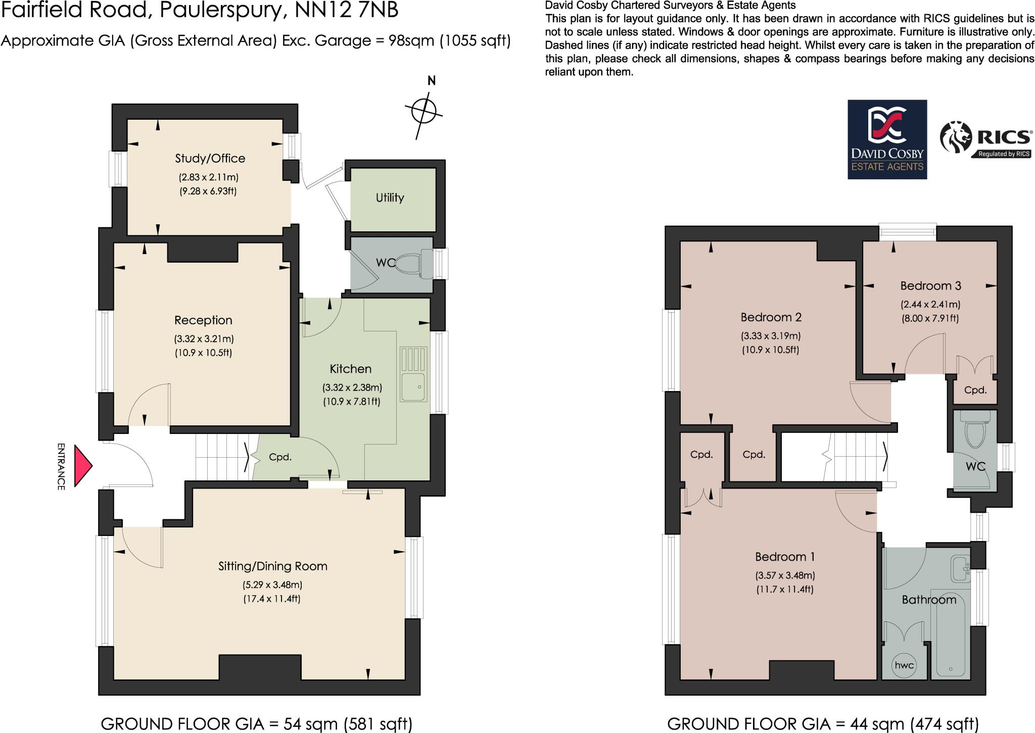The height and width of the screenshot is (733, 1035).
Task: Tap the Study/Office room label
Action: coord(210,159)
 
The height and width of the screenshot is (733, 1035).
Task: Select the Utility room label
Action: coord(390,198)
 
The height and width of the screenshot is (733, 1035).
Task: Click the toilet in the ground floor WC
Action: coord(414,264)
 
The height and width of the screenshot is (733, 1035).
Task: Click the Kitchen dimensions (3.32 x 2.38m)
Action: coord(352,388)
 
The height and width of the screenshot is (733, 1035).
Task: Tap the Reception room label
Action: coord(203,320)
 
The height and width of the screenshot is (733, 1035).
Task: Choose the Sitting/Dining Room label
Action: coord(272,566)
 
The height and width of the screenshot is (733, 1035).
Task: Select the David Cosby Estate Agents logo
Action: coord(887,139)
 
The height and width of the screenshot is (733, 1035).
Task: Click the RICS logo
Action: coord(985,140)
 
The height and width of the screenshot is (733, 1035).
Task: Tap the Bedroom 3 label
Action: coord(930,286)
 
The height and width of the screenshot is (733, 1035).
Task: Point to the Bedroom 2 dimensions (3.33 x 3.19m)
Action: coord(771,336)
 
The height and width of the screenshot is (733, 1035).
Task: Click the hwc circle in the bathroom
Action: coord(904,665)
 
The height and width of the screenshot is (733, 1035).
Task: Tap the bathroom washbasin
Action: coord(959,569)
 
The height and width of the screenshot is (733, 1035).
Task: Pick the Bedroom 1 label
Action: coord(785,557)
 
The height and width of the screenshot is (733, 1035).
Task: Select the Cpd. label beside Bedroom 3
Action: coord(975,390)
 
